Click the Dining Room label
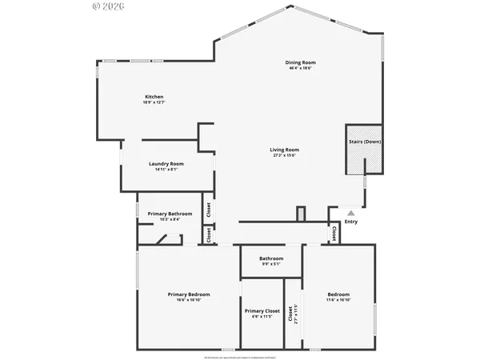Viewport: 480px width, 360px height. [x=301, y=62]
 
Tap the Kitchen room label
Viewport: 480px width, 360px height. [x=154, y=97]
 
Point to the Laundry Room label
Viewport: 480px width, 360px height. [x=166, y=164]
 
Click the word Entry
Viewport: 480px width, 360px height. [x=350, y=222]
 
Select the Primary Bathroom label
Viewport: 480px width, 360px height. [x=170, y=214]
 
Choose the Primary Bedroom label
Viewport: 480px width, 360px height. [x=189, y=294]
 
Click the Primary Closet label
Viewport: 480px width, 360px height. [x=262, y=310]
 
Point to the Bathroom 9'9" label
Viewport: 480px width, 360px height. [x=271, y=258]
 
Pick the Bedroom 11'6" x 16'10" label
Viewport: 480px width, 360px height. [x=338, y=294]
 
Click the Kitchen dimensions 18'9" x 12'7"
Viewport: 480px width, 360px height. [x=154, y=102]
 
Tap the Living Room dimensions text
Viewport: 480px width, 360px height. [x=284, y=155]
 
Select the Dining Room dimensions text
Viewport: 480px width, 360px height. [x=301, y=68]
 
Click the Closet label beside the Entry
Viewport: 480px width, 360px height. [x=334, y=233]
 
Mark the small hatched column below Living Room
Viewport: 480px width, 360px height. [x=301, y=214]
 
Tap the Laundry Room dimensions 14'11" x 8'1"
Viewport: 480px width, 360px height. [x=166, y=170]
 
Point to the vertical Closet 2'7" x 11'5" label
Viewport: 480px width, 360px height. [x=293, y=313]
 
